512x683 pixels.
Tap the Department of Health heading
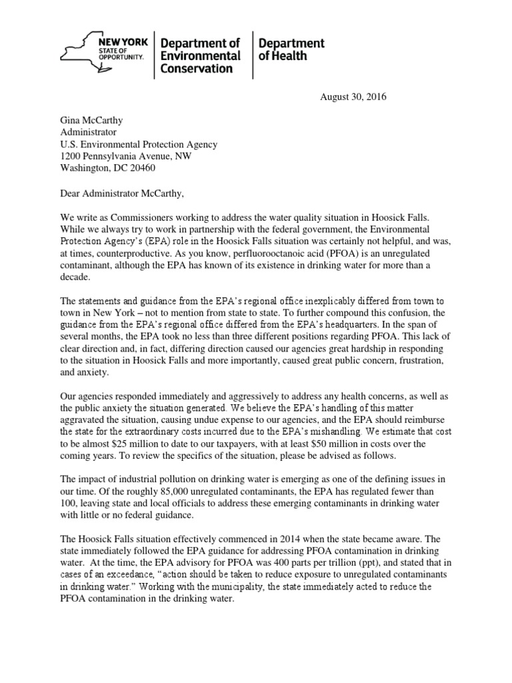(291, 49)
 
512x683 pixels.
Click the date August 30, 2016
(350, 97)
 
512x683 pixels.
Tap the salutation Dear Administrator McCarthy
(121, 193)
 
